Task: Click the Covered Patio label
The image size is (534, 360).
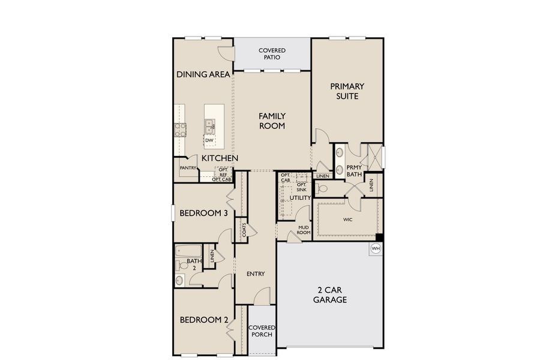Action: coord(272,54)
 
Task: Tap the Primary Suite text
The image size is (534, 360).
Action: coord(347,91)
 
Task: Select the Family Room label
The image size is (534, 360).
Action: coord(271,121)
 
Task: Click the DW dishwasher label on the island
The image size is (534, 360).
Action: coord(209,140)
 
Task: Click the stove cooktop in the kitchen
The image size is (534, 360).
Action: coord(180,129)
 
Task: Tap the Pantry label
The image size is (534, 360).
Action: coord(188,168)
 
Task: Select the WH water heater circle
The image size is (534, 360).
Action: coord(376,248)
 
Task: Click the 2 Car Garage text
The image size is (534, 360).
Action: coord(329,295)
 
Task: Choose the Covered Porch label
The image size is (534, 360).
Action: coord(261,331)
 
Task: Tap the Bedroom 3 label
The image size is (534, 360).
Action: coord(202,212)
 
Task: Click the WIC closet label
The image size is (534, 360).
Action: coord(347,220)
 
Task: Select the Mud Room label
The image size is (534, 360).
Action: coord(303,230)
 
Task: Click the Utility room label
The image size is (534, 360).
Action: coord(300,197)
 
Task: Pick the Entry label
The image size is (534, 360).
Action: coord(256,274)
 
